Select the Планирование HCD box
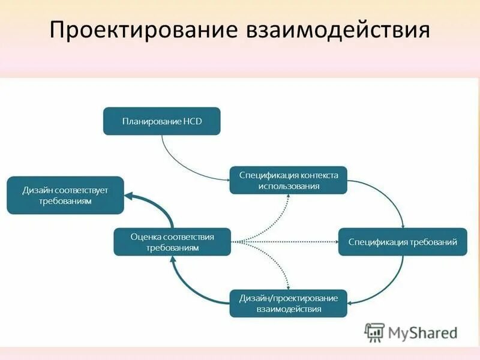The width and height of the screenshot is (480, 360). tap(162, 121)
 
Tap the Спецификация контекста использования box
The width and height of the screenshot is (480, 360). tap(288, 180)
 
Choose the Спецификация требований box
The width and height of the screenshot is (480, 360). tap(403, 242)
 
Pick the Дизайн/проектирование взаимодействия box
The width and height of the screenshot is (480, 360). tap(288, 303)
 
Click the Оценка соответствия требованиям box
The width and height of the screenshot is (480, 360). tap(172, 242)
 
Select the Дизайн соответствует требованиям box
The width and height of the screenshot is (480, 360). tap(65, 196)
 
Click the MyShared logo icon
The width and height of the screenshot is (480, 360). tap(374, 331)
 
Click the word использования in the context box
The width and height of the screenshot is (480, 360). tap(288, 186)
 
